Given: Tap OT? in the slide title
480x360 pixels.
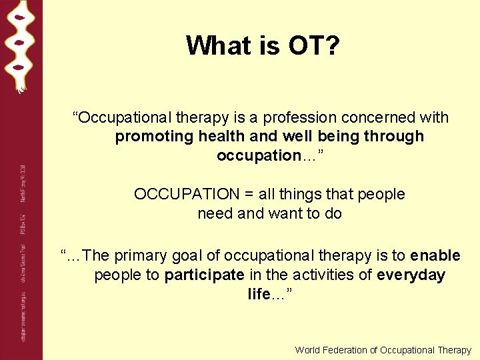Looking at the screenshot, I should [x=314, y=45].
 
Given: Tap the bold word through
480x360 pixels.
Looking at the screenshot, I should [x=392, y=137].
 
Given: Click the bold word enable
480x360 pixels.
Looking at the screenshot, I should [x=435, y=256].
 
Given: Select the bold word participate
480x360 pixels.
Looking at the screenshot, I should [x=205, y=275].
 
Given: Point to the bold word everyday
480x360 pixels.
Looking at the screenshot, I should [x=411, y=275].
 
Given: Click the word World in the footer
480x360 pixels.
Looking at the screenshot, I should [x=307, y=350].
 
